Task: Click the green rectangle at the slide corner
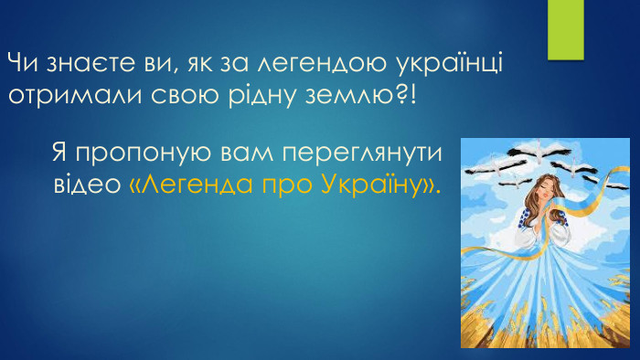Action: pos(565,29)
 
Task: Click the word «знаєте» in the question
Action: pos(80,65)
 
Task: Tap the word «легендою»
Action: pos(309,65)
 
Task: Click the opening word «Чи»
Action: pos(20,65)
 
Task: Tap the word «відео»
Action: pos(84,185)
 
